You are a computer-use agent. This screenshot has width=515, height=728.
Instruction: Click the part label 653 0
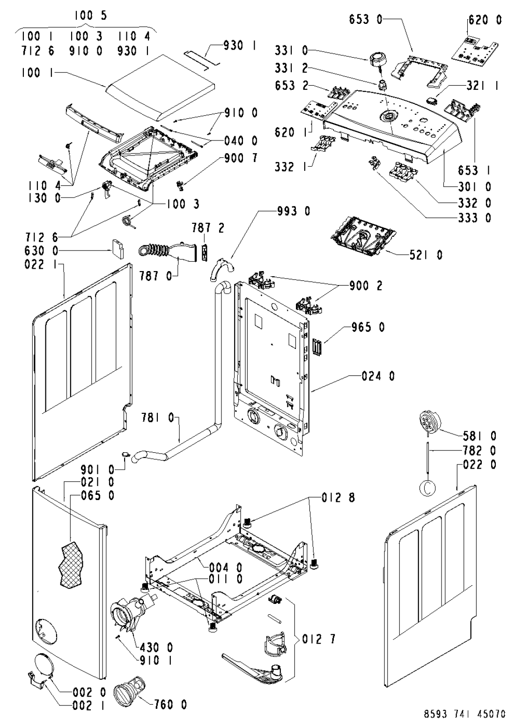[x=366, y=20]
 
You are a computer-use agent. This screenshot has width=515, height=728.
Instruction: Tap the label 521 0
[x=426, y=255]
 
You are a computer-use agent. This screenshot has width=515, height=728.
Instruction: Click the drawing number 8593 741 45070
[x=464, y=720]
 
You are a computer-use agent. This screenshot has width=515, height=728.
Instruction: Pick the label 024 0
[x=378, y=376]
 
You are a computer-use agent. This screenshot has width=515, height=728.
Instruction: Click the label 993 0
[x=294, y=211]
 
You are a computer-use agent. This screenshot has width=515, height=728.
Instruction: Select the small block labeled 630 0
[x=117, y=249]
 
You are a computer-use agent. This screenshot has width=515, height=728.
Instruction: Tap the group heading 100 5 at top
[x=91, y=15]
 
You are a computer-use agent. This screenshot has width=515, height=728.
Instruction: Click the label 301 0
[x=475, y=186]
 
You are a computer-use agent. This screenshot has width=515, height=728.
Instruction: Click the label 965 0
[x=368, y=327]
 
